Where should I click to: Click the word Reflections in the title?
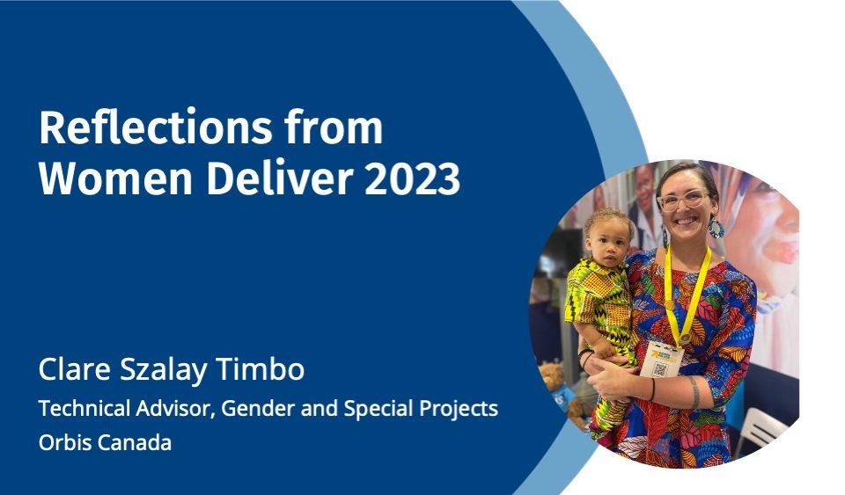click(155, 127)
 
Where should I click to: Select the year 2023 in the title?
click(412, 178)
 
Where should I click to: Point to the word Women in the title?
click(115, 178)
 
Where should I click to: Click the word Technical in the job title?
click(84, 408)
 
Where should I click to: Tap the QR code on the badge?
click(659, 368)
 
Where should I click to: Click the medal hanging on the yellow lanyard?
click(685, 338)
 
